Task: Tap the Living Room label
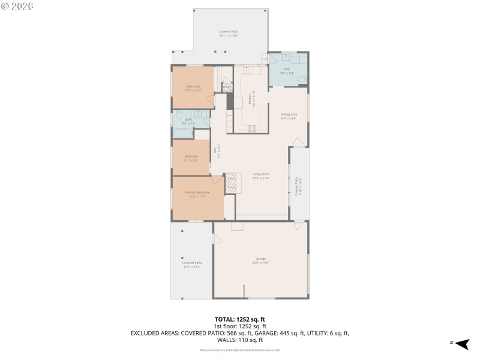click(x=260, y=175)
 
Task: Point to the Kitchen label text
click(x=254, y=98)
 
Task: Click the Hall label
click(x=215, y=152)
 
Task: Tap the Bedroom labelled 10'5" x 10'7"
click(x=193, y=88)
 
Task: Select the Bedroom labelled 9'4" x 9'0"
click(x=191, y=157)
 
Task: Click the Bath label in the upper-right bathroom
click(x=287, y=70)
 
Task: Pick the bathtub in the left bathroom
click(x=182, y=133)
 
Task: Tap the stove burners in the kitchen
click(x=252, y=128)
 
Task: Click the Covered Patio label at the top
click(x=228, y=34)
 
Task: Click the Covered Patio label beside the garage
click(x=191, y=264)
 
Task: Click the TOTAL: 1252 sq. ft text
click(x=240, y=320)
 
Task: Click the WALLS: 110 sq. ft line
click(x=240, y=339)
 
